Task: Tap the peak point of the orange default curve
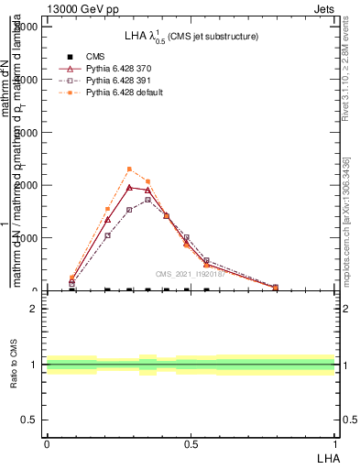(x=129, y=169)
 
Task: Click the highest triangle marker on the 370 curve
(x=129, y=187)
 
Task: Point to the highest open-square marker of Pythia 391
(x=147, y=200)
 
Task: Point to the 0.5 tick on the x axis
(x=191, y=443)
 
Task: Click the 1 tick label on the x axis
(x=335, y=443)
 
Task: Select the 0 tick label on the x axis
(x=46, y=443)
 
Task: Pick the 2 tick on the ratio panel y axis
(x=34, y=309)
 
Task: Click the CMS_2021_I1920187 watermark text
(x=190, y=273)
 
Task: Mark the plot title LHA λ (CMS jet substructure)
(x=191, y=37)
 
